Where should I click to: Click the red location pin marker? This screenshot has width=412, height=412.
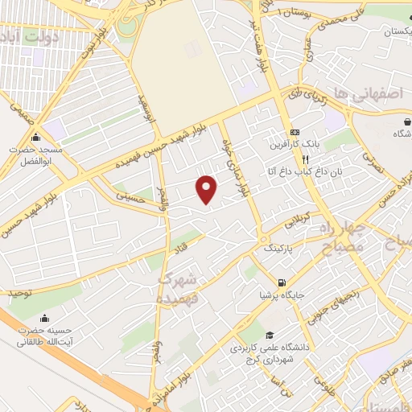207,189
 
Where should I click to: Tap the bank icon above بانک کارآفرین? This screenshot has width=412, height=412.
296,132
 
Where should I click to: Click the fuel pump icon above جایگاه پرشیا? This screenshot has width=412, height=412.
281,282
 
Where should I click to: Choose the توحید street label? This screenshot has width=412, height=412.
21,294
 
